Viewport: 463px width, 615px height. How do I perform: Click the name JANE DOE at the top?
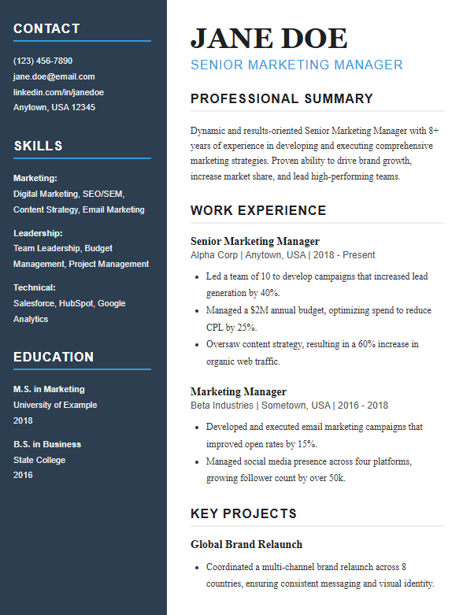coord(269,38)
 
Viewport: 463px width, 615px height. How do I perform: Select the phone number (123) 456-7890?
coord(43,61)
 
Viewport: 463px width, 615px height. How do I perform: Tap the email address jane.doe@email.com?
coord(54,76)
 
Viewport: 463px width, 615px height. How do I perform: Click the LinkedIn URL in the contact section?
coord(58,92)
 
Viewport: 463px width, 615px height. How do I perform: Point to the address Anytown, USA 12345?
coord(54,107)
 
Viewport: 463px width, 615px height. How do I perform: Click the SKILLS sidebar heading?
coord(38,146)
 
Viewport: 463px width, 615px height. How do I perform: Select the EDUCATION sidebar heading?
coord(54,357)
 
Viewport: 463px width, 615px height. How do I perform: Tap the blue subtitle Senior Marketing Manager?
coord(296,65)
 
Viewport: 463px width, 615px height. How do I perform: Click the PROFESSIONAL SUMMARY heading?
coord(281,98)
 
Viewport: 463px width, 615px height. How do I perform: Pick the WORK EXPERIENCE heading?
coord(258,210)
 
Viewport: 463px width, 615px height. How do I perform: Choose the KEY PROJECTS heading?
coord(243,514)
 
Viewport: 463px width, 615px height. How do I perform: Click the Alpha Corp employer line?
coord(283,255)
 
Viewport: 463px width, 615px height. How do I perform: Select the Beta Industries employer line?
coord(289,406)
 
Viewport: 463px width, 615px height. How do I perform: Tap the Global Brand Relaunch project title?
coord(246,544)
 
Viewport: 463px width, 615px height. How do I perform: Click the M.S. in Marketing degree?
coord(49,389)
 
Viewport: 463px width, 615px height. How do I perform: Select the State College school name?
coord(39,460)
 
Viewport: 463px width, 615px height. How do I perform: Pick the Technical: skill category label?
coord(34,287)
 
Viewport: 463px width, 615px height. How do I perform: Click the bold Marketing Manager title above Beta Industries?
coord(239,391)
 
